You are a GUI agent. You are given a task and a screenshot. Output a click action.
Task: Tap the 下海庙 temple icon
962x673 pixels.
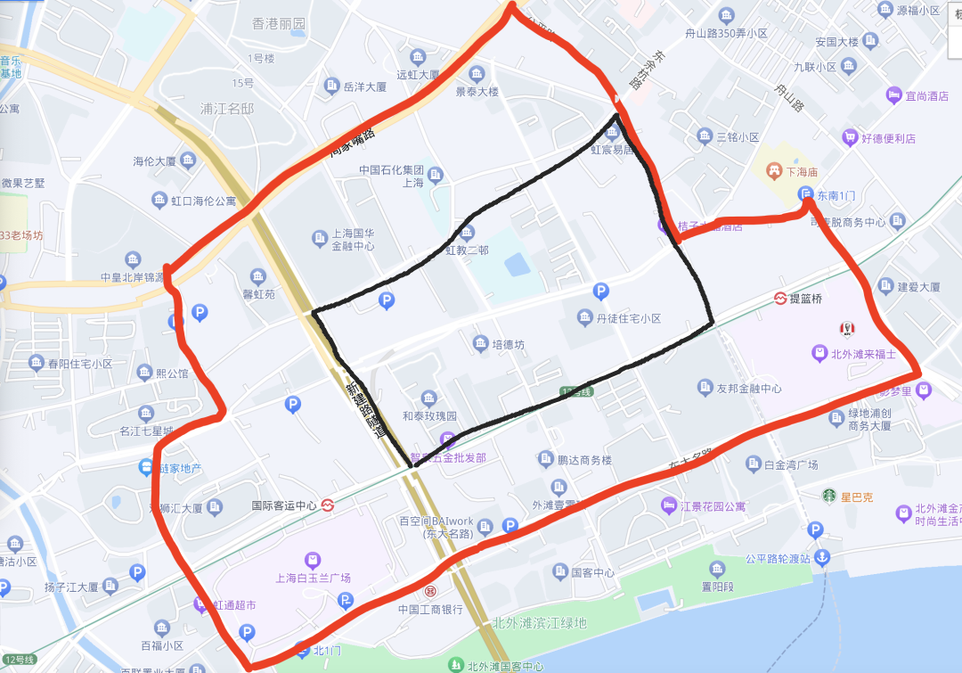pos(776,168)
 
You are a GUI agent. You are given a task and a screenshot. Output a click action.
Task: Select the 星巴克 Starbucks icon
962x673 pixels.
pos(829,495)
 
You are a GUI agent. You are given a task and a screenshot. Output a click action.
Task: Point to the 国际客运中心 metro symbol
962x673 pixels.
pos(328,505)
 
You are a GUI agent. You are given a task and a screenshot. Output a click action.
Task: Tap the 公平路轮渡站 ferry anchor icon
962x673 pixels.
pos(823,558)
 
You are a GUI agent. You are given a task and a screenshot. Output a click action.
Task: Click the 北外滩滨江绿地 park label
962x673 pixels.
pos(540,622)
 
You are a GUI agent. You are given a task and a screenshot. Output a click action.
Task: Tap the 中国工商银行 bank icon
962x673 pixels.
pos(430,591)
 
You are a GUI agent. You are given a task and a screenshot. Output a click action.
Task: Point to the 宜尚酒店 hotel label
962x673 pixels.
pos(926,95)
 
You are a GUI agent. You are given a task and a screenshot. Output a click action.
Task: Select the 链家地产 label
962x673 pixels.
pos(180,468)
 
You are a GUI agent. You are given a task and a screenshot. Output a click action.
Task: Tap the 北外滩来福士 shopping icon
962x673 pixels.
pos(819,353)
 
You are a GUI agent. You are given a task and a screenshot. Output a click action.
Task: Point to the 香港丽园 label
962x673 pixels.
pos(279,23)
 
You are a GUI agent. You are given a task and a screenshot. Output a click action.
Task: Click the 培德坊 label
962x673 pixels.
pos(510,343)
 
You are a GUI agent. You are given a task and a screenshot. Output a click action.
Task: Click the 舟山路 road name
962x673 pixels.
pos(789,98)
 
